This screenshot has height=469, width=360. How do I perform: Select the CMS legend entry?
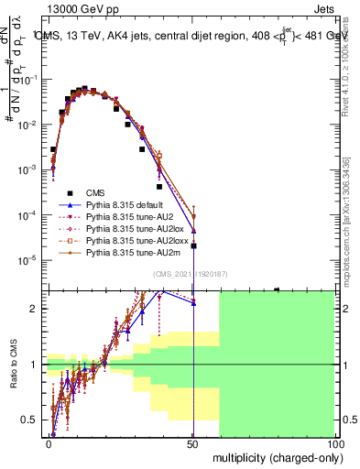[x=94, y=192]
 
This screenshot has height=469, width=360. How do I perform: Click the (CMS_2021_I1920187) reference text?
[x=191, y=274]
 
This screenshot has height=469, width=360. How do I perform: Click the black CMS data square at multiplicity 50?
[x=193, y=245]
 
